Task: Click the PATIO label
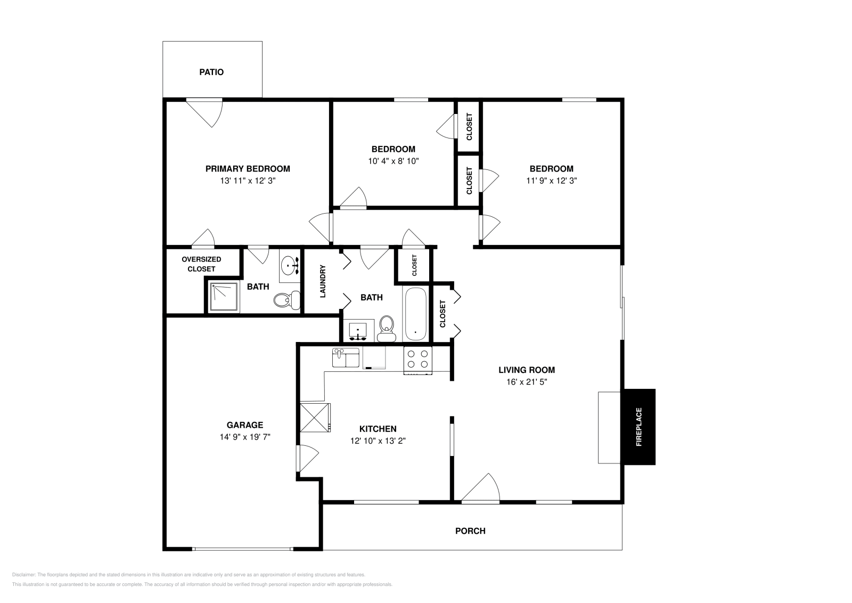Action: point(211,72)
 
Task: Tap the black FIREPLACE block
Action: point(638,427)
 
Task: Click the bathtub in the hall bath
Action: point(415,314)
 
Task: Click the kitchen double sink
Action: point(346,358)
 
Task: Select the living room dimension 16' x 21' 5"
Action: point(526,382)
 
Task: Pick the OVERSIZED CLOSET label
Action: point(201,264)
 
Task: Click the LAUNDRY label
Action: point(323,281)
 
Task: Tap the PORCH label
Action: point(470,531)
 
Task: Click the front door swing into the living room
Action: point(482,487)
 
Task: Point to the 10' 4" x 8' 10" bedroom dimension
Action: point(393,160)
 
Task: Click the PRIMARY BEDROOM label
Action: point(248,169)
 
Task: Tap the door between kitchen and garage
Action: point(307,458)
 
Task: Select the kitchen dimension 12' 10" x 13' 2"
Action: point(378,441)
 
